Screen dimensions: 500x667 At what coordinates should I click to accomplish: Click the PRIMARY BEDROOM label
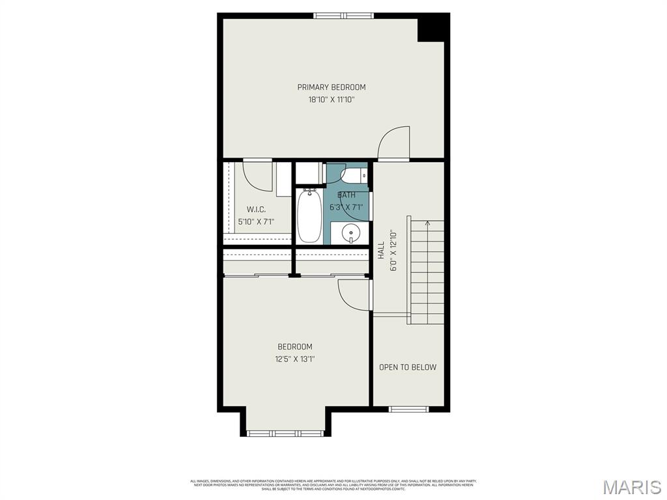click(x=332, y=87)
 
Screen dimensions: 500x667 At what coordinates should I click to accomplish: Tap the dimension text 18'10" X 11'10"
click(x=332, y=100)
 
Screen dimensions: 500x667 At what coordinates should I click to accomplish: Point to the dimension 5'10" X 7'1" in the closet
click(x=256, y=221)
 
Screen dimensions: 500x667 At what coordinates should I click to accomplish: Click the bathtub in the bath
click(x=309, y=215)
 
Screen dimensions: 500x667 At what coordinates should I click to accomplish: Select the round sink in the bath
click(x=351, y=232)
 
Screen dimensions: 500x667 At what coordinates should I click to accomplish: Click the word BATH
click(x=347, y=195)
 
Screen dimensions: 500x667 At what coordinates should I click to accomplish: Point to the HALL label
click(x=381, y=251)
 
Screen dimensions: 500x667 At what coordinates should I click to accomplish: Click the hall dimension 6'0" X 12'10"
click(x=392, y=251)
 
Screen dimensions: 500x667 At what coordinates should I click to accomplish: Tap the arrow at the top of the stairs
click(x=427, y=224)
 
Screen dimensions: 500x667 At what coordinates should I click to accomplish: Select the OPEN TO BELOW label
click(x=408, y=367)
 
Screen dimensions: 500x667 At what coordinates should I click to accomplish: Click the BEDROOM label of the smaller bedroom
click(x=295, y=347)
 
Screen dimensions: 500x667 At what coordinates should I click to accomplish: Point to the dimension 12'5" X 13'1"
click(x=295, y=359)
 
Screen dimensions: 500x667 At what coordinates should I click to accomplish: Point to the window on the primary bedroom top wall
click(x=343, y=16)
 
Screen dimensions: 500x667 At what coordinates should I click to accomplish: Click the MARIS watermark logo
click(x=631, y=487)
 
